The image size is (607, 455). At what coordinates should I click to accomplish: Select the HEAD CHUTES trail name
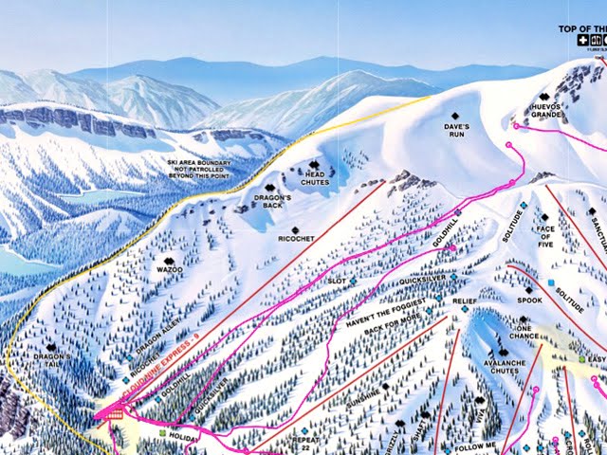click(x=315, y=177)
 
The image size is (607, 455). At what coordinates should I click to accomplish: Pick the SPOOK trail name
click(x=529, y=300)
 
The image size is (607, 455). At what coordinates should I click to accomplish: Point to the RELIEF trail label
click(x=464, y=300)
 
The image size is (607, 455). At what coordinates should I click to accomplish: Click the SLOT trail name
click(x=336, y=282)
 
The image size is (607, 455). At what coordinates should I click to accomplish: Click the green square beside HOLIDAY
click(x=162, y=434)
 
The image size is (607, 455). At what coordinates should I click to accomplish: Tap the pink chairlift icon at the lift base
click(x=117, y=413)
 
